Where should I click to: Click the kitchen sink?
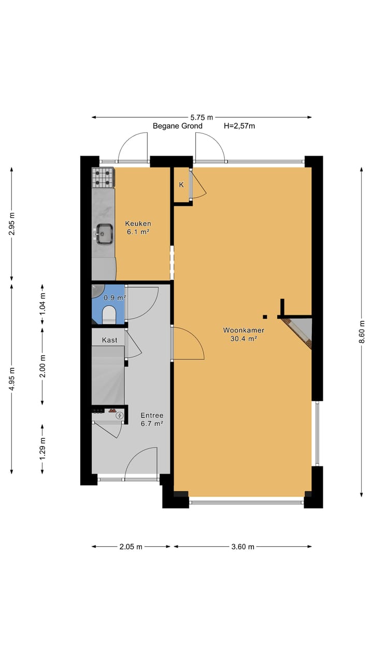[105, 233]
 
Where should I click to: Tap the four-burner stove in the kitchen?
[103, 178]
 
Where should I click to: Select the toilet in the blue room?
[109, 315]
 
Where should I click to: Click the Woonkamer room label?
[244, 330]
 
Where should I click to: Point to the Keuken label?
[138, 224]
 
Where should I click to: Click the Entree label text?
[152, 415]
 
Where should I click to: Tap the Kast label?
[109, 340]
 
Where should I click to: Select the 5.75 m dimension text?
[202, 117]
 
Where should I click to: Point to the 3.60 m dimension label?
[242, 546]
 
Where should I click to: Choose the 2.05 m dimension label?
[131, 546]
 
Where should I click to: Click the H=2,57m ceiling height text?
[239, 126]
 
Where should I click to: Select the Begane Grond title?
[177, 126]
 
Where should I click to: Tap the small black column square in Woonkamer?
[265, 316]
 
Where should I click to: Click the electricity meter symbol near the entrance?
[120, 415]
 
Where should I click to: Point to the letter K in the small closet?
[181, 185]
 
